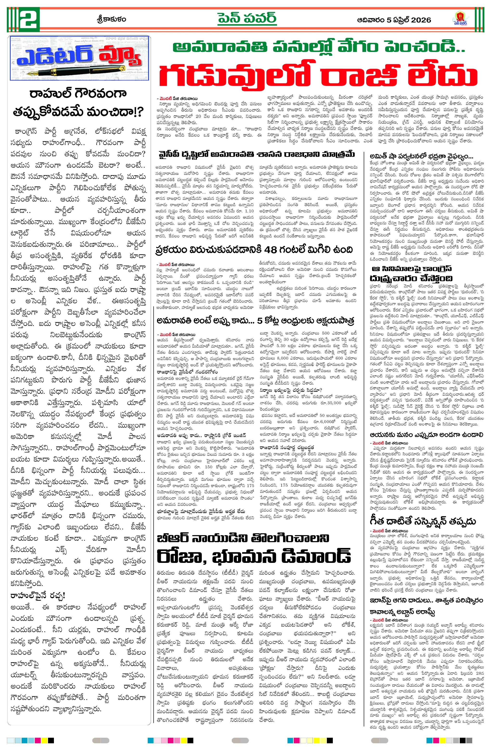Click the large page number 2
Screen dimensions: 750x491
(x=29, y=19)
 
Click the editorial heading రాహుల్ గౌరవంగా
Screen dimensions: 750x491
(x=78, y=94)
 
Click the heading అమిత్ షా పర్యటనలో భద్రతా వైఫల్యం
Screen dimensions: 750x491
(x=421, y=157)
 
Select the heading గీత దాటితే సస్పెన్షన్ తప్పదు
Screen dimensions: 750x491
(x=423, y=521)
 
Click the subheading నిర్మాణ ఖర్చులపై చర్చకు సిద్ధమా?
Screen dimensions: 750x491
(x=291, y=390)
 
